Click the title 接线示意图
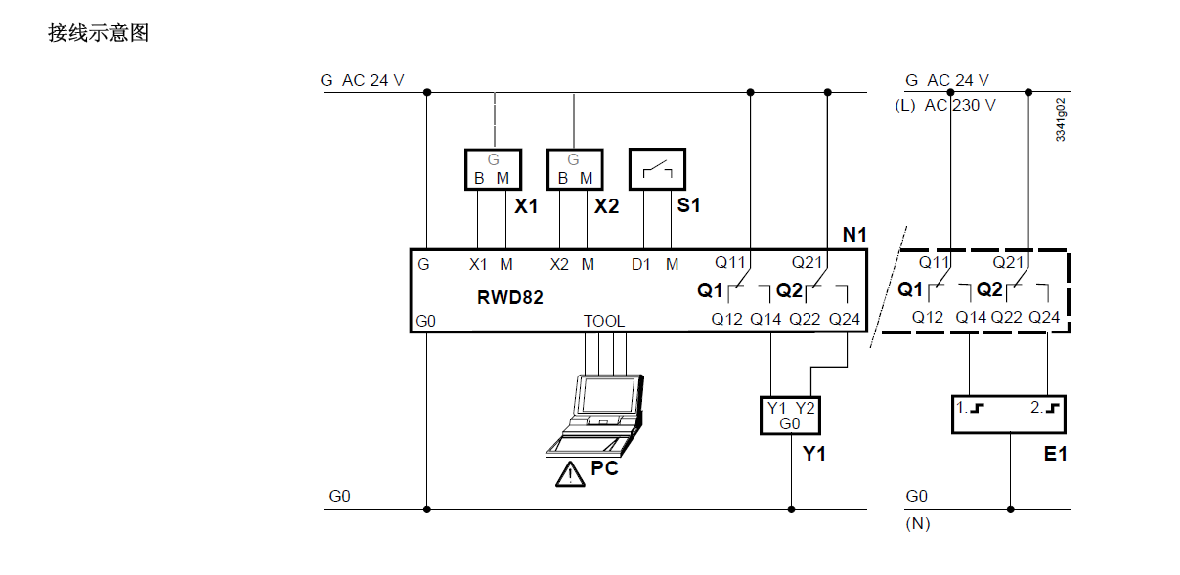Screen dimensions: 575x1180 (98, 33)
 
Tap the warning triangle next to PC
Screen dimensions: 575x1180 (566, 475)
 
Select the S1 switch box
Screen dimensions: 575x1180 (657, 169)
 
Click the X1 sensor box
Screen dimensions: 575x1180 (492, 169)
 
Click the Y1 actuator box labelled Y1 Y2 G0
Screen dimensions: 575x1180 (790, 415)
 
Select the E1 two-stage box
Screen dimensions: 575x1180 (1008, 415)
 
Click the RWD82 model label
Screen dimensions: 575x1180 (510, 298)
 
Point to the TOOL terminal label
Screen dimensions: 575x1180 (603, 321)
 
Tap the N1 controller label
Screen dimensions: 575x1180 (854, 236)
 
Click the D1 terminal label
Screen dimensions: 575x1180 (640, 265)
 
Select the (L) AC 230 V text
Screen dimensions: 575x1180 (945, 105)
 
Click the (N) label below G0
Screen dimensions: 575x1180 (917, 524)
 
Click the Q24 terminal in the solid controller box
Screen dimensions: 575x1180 (845, 319)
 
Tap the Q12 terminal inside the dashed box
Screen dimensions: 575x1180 (928, 317)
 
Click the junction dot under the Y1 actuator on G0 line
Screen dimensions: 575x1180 (790, 509)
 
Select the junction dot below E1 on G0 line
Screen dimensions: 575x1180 (1011, 509)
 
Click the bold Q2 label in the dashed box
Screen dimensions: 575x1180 (989, 289)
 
